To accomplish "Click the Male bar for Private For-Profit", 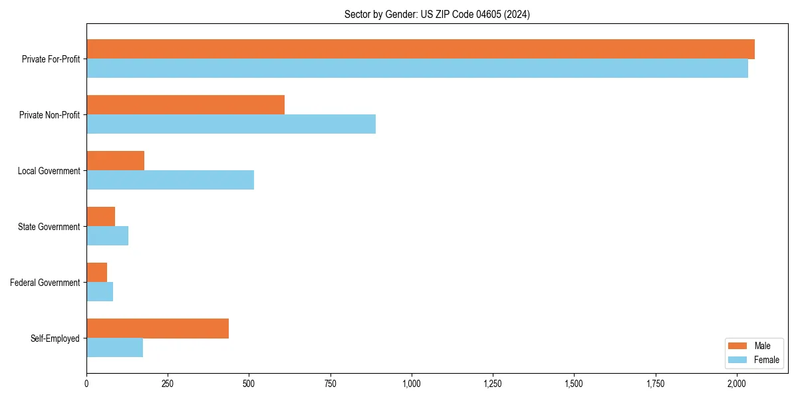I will point(420,49).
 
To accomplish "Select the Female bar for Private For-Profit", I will point(417,68).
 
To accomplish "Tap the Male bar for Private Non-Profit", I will point(186,105).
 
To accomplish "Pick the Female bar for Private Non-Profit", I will point(231,124).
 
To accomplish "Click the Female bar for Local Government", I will point(170,180).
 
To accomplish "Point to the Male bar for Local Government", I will point(115,161).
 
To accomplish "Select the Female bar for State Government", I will point(107,236).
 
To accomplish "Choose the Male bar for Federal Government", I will point(96,273).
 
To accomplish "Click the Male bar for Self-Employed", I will point(158,329).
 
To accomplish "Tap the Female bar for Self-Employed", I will point(114,348).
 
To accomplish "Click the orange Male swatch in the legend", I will point(738,346).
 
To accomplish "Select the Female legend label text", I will point(767,360).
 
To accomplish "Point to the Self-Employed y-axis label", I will point(55,338).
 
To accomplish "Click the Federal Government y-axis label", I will point(45,283).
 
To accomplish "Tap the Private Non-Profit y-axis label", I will point(49,115).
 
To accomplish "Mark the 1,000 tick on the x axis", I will point(412,384).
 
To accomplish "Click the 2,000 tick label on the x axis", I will point(737,384).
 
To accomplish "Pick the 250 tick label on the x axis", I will point(168,384).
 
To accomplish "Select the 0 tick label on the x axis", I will point(86,384).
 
